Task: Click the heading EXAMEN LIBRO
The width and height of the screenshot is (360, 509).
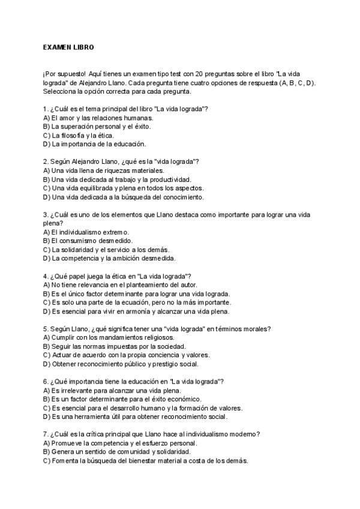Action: click(x=68, y=46)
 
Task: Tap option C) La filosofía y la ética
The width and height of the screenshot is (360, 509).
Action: click(x=78, y=135)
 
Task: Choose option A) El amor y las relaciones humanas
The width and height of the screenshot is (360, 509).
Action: click(x=94, y=118)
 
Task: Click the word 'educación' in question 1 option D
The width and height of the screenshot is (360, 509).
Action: click(x=128, y=144)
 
